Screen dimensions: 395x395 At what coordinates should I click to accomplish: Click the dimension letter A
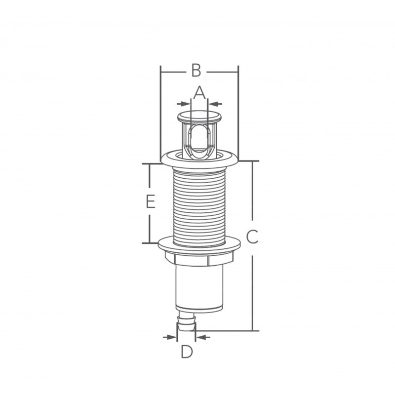(x=198, y=92)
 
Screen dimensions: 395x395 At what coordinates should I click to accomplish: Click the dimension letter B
(x=196, y=70)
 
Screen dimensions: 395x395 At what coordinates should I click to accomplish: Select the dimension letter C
(x=252, y=237)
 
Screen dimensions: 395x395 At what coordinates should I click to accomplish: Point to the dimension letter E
(x=151, y=202)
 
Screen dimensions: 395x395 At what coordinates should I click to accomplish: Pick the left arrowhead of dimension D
(x=172, y=337)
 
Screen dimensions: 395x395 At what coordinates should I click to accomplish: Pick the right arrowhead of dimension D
(x=200, y=337)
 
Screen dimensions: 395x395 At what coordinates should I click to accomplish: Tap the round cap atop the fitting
(x=199, y=117)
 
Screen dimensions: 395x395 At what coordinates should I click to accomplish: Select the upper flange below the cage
(x=199, y=159)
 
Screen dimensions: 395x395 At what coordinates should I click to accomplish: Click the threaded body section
(x=199, y=202)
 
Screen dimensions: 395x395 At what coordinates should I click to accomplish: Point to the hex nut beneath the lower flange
(x=199, y=257)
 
